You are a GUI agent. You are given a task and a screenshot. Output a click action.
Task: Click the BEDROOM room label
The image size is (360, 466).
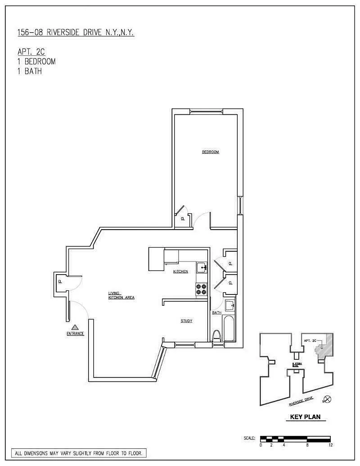(x=210, y=152)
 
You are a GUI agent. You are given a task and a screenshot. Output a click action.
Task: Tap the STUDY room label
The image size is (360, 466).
(x=186, y=321)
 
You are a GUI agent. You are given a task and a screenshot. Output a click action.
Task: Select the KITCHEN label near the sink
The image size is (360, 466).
(x=181, y=271)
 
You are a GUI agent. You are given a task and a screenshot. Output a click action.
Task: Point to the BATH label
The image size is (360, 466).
(x=217, y=312)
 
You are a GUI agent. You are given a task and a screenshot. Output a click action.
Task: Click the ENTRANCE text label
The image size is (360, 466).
(x=76, y=334)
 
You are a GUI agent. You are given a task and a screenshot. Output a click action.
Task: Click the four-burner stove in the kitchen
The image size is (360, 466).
(x=201, y=289)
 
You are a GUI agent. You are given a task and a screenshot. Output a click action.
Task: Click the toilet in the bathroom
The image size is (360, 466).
(x=216, y=336)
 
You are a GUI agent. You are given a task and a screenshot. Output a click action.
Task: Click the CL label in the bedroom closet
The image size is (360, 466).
(x=183, y=219)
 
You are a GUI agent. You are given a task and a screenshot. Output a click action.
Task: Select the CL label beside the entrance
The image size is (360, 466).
(x=60, y=282)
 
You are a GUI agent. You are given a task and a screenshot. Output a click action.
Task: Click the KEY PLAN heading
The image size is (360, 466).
(x=303, y=417)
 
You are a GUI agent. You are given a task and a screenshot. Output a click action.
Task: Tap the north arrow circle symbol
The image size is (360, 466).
(x=328, y=399)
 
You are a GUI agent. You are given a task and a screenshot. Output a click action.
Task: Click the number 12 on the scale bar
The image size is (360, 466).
(x=330, y=445)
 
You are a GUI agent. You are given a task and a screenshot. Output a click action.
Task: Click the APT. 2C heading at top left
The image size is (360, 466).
(x=32, y=53)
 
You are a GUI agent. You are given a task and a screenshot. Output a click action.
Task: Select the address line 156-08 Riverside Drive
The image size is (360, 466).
(x=75, y=32)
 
